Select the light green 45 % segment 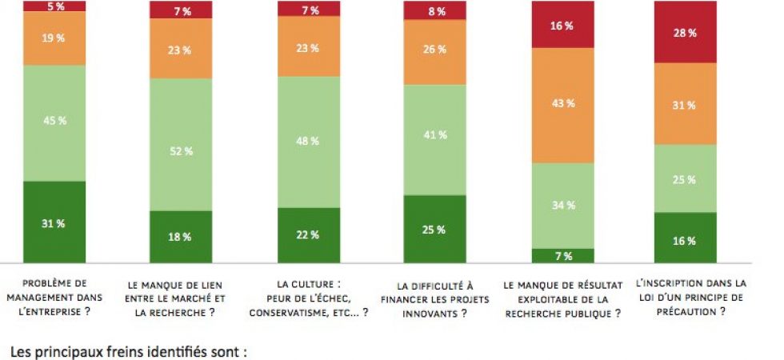(x=54, y=122)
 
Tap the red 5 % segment (x=54, y=6)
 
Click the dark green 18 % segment (x=181, y=236)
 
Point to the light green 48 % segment (x=309, y=142)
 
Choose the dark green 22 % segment (x=309, y=234)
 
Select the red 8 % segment (x=435, y=10)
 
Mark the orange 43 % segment (x=563, y=105)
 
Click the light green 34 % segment (x=563, y=205)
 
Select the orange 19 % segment (x=54, y=38)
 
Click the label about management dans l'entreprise (x=54, y=297)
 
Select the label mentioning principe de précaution (x=690, y=297)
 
